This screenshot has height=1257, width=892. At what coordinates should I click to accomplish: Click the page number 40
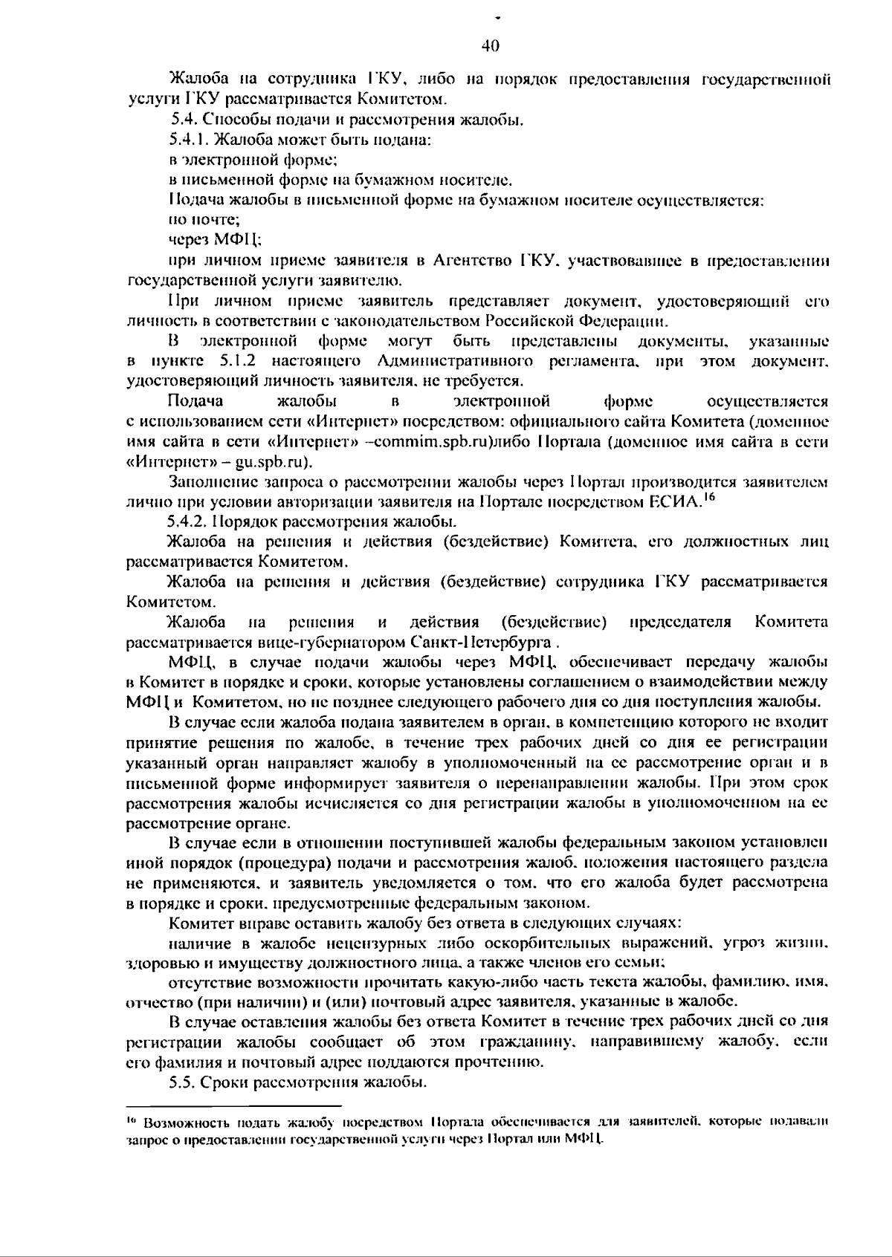pos(490,46)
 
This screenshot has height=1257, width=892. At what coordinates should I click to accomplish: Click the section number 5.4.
pos(184,119)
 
